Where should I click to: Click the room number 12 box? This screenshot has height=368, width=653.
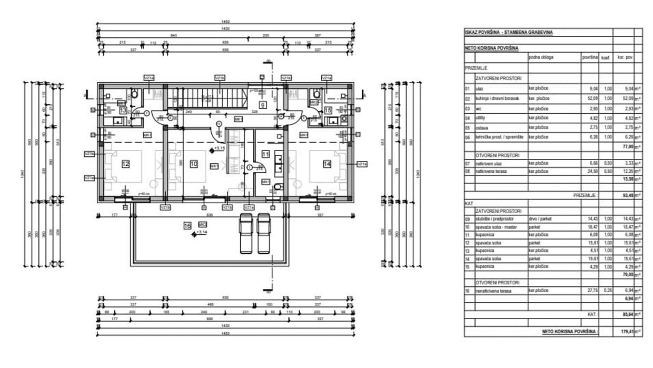125,164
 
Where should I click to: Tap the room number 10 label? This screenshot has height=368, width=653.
193,164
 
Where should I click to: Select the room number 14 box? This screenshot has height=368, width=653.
327,164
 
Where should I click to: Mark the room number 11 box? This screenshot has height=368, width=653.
266,154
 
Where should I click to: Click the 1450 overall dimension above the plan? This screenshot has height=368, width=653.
226,22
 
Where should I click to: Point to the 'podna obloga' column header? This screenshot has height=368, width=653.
541,57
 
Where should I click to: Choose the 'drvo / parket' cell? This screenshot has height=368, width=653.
540,218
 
